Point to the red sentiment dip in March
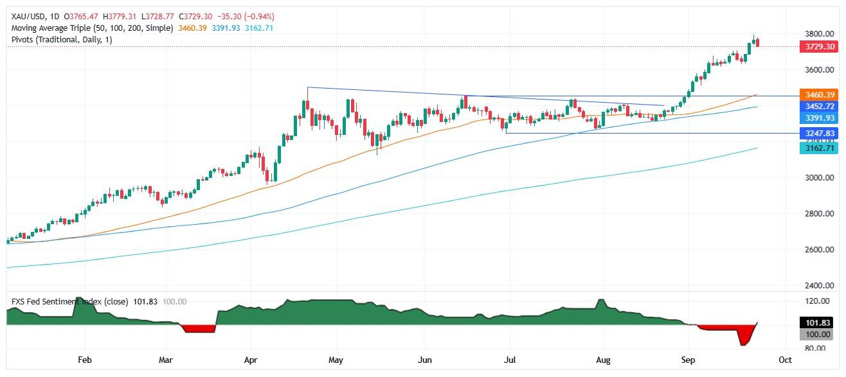point(198,329)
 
